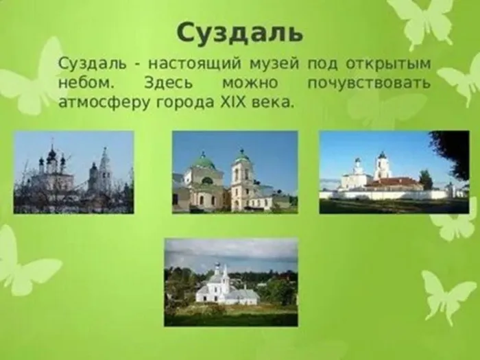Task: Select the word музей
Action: tap(274, 64)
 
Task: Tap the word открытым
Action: tap(388, 64)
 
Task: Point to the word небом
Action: tap(86, 82)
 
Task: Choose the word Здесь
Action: tap(169, 83)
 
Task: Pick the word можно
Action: tap(250, 83)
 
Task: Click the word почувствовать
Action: tap(369, 83)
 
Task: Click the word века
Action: tap(271, 103)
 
